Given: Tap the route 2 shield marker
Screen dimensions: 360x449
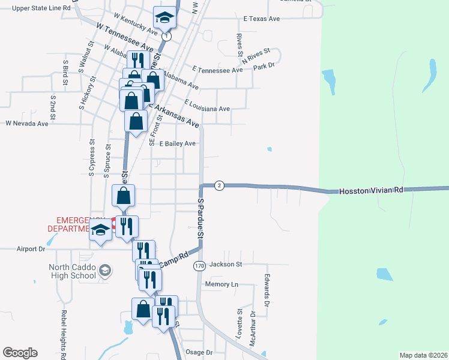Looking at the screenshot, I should coord(219,185).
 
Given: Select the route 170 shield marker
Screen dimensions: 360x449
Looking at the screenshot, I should coord(199,265).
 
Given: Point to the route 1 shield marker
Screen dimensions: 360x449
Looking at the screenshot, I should coord(166,37).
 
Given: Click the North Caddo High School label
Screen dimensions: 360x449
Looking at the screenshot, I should coord(72,272).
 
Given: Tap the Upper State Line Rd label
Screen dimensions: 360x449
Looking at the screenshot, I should coord(41,8).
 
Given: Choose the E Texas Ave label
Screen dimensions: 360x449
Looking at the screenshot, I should coord(262,19).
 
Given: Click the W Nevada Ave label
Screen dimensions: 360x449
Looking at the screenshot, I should coord(26,124).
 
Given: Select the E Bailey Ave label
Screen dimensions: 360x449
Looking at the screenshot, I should coord(178,143).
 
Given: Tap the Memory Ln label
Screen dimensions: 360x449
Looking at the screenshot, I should coord(221,284).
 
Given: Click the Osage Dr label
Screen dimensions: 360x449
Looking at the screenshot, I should coord(200,352).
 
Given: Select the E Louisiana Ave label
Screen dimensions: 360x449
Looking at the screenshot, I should coord(208,106).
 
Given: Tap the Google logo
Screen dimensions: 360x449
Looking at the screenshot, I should coord(20,353).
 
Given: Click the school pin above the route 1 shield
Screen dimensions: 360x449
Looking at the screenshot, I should coord(164,18).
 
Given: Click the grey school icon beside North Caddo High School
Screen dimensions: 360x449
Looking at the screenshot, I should coord(105,271).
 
